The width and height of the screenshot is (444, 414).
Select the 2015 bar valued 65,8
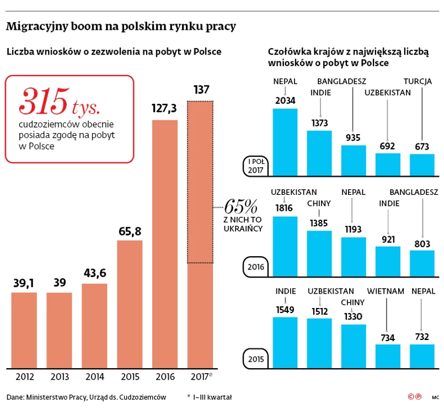[130, 304]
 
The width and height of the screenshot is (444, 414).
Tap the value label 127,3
[164, 109]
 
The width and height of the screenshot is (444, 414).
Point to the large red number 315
[44, 100]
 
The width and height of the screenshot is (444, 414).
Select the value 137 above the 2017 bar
[201, 89]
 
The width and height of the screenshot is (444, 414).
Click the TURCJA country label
[418, 81]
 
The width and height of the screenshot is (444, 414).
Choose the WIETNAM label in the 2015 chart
[386, 291]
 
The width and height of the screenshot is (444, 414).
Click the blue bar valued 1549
[285, 342]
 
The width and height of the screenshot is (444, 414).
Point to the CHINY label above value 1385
[319, 203]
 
